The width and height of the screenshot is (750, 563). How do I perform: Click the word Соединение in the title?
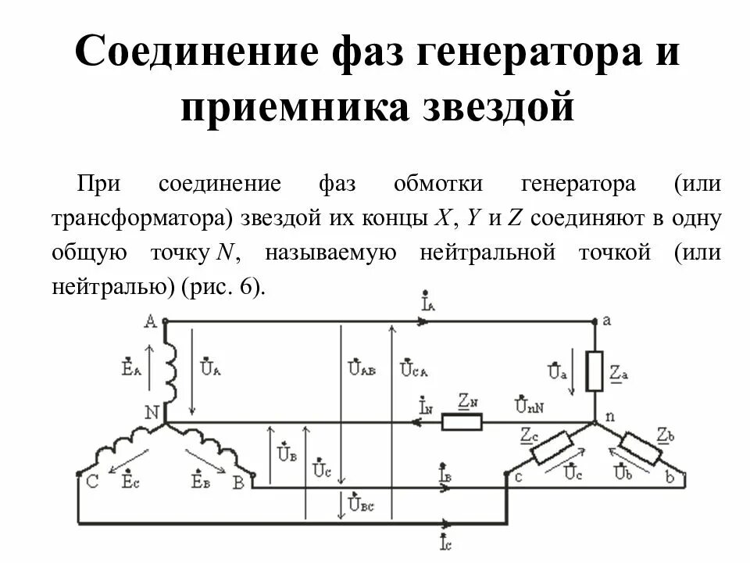click(x=185, y=52)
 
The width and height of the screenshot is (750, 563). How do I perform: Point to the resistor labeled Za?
click(x=595, y=371)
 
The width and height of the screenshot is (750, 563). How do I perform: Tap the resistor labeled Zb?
click(x=641, y=448)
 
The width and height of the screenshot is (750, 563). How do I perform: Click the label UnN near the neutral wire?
click(x=530, y=405)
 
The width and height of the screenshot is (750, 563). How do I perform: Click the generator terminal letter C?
click(x=91, y=482)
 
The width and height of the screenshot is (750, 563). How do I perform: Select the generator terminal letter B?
click(x=238, y=482)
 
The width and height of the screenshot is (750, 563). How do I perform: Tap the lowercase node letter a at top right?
click(x=606, y=321)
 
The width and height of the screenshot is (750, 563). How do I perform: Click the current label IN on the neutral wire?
click(x=427, y=407)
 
